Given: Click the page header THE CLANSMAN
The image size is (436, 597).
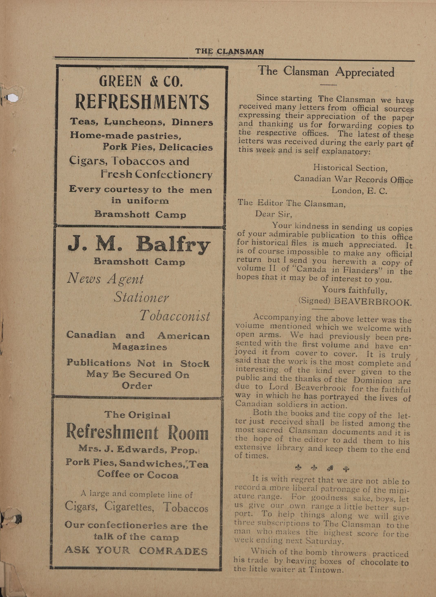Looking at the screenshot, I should [x=229, y=51].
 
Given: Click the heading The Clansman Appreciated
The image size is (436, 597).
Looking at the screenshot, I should [x=326, y=72].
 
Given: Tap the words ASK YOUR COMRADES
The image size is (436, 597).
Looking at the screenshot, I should [x=136, y=551].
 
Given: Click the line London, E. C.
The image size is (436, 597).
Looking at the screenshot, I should [x=359, y=191].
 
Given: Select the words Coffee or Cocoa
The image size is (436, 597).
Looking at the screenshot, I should [x=137, y=475].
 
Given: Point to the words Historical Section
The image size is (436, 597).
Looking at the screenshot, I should [x=350, y=168].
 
